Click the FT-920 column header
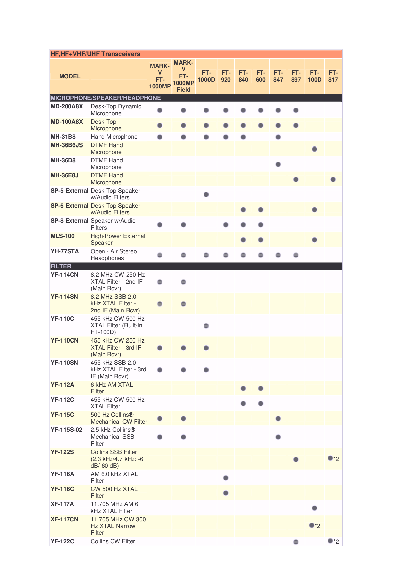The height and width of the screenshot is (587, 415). click(226, 76)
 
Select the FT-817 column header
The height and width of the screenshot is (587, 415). click(333, 76)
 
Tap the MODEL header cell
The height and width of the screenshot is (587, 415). click(70, 76)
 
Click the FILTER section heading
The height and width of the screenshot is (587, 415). click(61, 266)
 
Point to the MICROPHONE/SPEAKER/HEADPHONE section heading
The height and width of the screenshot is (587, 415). click(105, 98)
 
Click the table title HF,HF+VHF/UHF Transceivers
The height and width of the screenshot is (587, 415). click(95, 54)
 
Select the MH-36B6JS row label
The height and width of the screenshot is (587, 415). click(67, 145)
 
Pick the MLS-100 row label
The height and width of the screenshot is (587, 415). click(63, 236)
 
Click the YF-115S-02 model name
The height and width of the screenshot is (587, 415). click(66, 430)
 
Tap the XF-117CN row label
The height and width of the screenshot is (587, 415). click(64, 519)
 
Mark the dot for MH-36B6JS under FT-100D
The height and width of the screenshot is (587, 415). click(314, 149)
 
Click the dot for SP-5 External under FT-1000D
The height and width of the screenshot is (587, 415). click(206, 194)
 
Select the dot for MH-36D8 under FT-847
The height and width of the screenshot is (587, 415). click(278, 164)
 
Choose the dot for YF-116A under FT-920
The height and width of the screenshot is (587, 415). click(226, 478)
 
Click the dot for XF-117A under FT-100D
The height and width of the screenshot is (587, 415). click(314, 508)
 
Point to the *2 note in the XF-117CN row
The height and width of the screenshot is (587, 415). click(318, 526)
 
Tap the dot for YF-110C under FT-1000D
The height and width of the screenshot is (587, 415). click(206, 326)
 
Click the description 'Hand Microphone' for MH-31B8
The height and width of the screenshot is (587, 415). click(114, 137)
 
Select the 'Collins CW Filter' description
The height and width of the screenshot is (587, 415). click(112, 541)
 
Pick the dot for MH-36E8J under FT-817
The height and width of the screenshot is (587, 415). click(333, 179)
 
